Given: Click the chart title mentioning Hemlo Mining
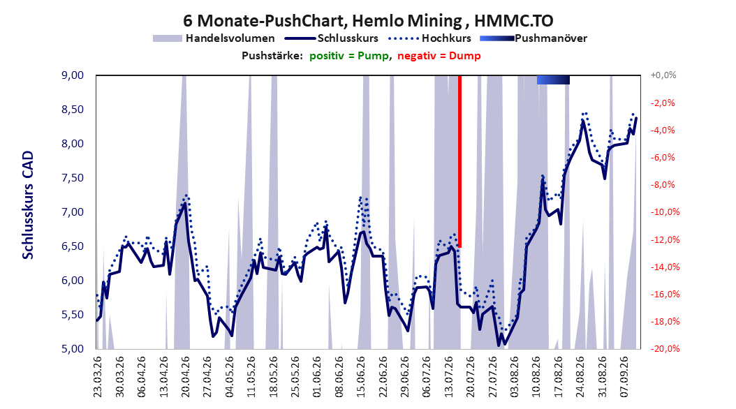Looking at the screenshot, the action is click(x=368, y=21).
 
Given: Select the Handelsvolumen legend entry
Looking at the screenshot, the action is click(x=214, y=38).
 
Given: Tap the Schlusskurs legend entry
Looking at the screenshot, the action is click(x=332, y=38).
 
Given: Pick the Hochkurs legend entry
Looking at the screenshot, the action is click(x=429, y=38).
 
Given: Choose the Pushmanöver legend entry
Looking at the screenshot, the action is click(x=533, y=38).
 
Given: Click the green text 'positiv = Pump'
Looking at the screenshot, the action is click(x=349, y=56).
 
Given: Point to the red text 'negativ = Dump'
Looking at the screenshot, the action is click(x=439, y=56).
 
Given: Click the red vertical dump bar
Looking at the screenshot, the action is click(x=460, y=161).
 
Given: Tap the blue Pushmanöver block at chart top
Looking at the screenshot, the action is click(x=553, y=80).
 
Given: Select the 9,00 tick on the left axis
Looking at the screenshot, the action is click(x=73, y=75).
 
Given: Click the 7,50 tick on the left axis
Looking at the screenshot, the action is click(x=73, y=178).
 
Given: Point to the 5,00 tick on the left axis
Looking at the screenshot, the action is click(x=73, y=349).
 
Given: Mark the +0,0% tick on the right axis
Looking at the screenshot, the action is click(x=663, y=75).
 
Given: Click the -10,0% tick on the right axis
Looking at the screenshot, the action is click(x=665, y=212).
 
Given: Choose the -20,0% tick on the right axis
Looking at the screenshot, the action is click(x=665, y=349).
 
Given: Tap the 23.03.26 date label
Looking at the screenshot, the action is click(x=98, y=377).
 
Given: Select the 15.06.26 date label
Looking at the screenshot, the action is click(x=361, y=377).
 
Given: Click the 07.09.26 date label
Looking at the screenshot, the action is click(x=624, y=377).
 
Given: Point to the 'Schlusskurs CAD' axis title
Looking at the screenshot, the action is click(x=28, y=205).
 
